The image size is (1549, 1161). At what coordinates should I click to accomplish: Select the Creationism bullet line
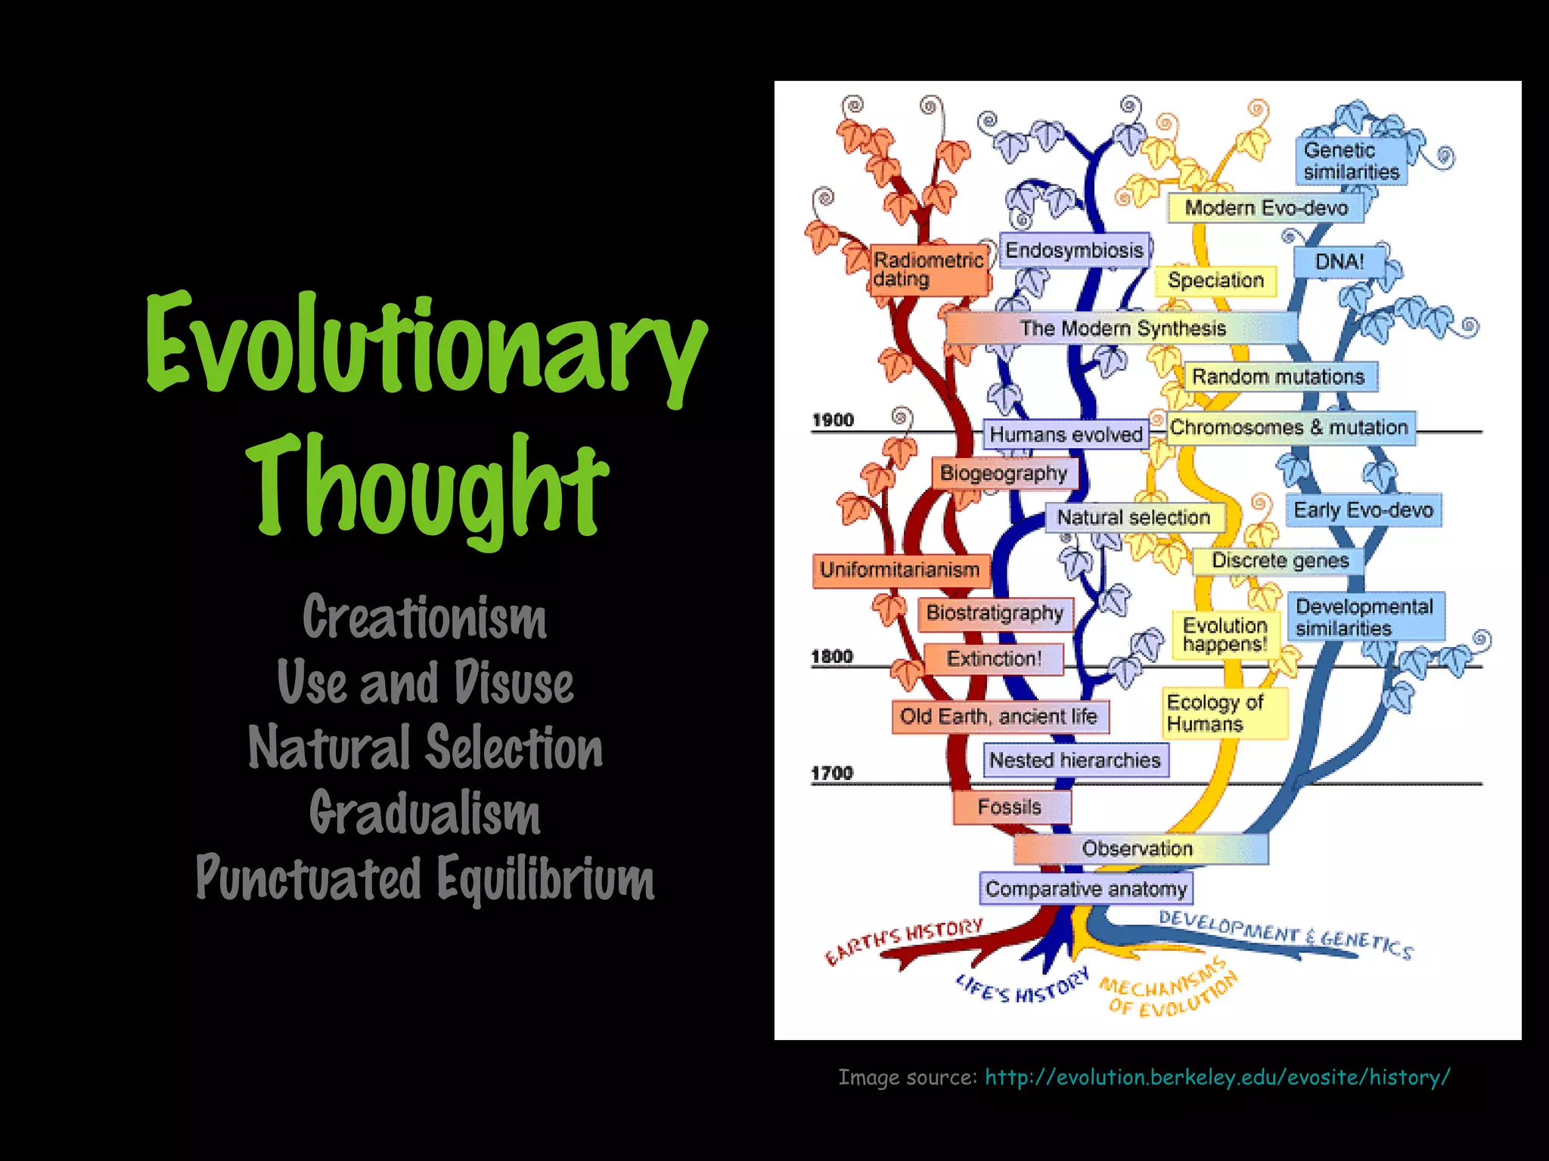click(424, 618)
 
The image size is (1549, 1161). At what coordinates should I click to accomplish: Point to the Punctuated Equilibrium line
click(425, 878)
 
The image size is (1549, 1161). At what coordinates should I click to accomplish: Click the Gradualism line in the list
click(424, 813)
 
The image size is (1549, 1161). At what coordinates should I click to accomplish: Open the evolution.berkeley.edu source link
click(1216, 1076)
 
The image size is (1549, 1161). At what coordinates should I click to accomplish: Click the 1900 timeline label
click(833, 420)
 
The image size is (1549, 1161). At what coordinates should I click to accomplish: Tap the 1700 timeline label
click(832, 773)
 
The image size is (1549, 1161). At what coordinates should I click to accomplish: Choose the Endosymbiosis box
click(1074, 250)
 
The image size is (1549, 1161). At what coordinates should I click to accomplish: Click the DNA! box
click(1339, 262)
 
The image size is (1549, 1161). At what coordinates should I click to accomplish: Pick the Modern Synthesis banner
click(1122, 328)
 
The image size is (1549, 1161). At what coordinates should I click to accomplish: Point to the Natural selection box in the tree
click(1133, 517)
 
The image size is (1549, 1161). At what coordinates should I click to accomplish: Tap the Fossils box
click(1010, 807)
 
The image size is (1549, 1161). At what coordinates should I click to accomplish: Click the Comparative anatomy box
click(1086, 889)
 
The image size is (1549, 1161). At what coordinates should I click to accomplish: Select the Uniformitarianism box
click(900, 570)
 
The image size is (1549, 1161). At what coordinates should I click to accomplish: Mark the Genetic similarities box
click(1351, 161)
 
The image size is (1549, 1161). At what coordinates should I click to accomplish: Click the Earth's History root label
click(904, 942)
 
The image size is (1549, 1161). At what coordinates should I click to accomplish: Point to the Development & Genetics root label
click(1286, 934)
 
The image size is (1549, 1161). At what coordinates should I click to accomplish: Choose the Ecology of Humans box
click(1223, 713)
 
